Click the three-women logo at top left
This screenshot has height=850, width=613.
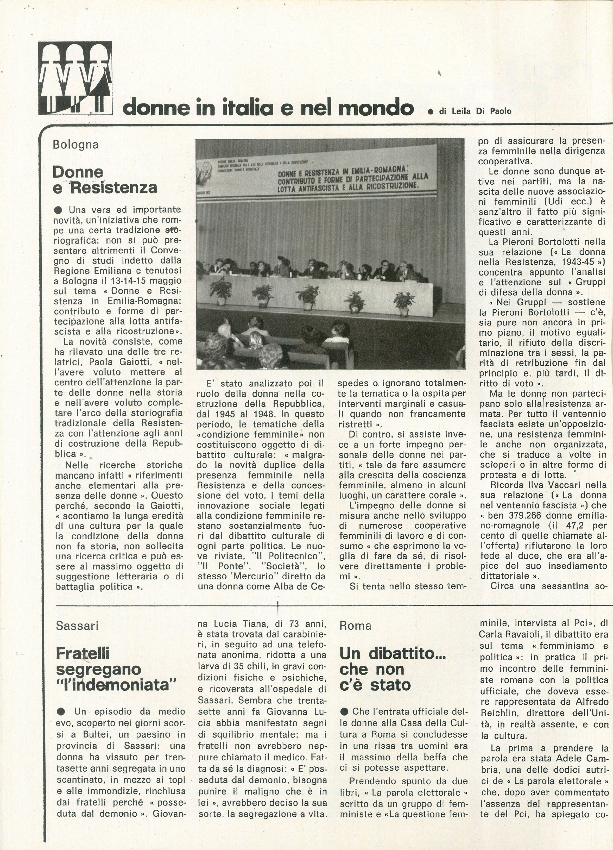[75, 78]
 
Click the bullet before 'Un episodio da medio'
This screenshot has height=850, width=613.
[62, 711]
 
